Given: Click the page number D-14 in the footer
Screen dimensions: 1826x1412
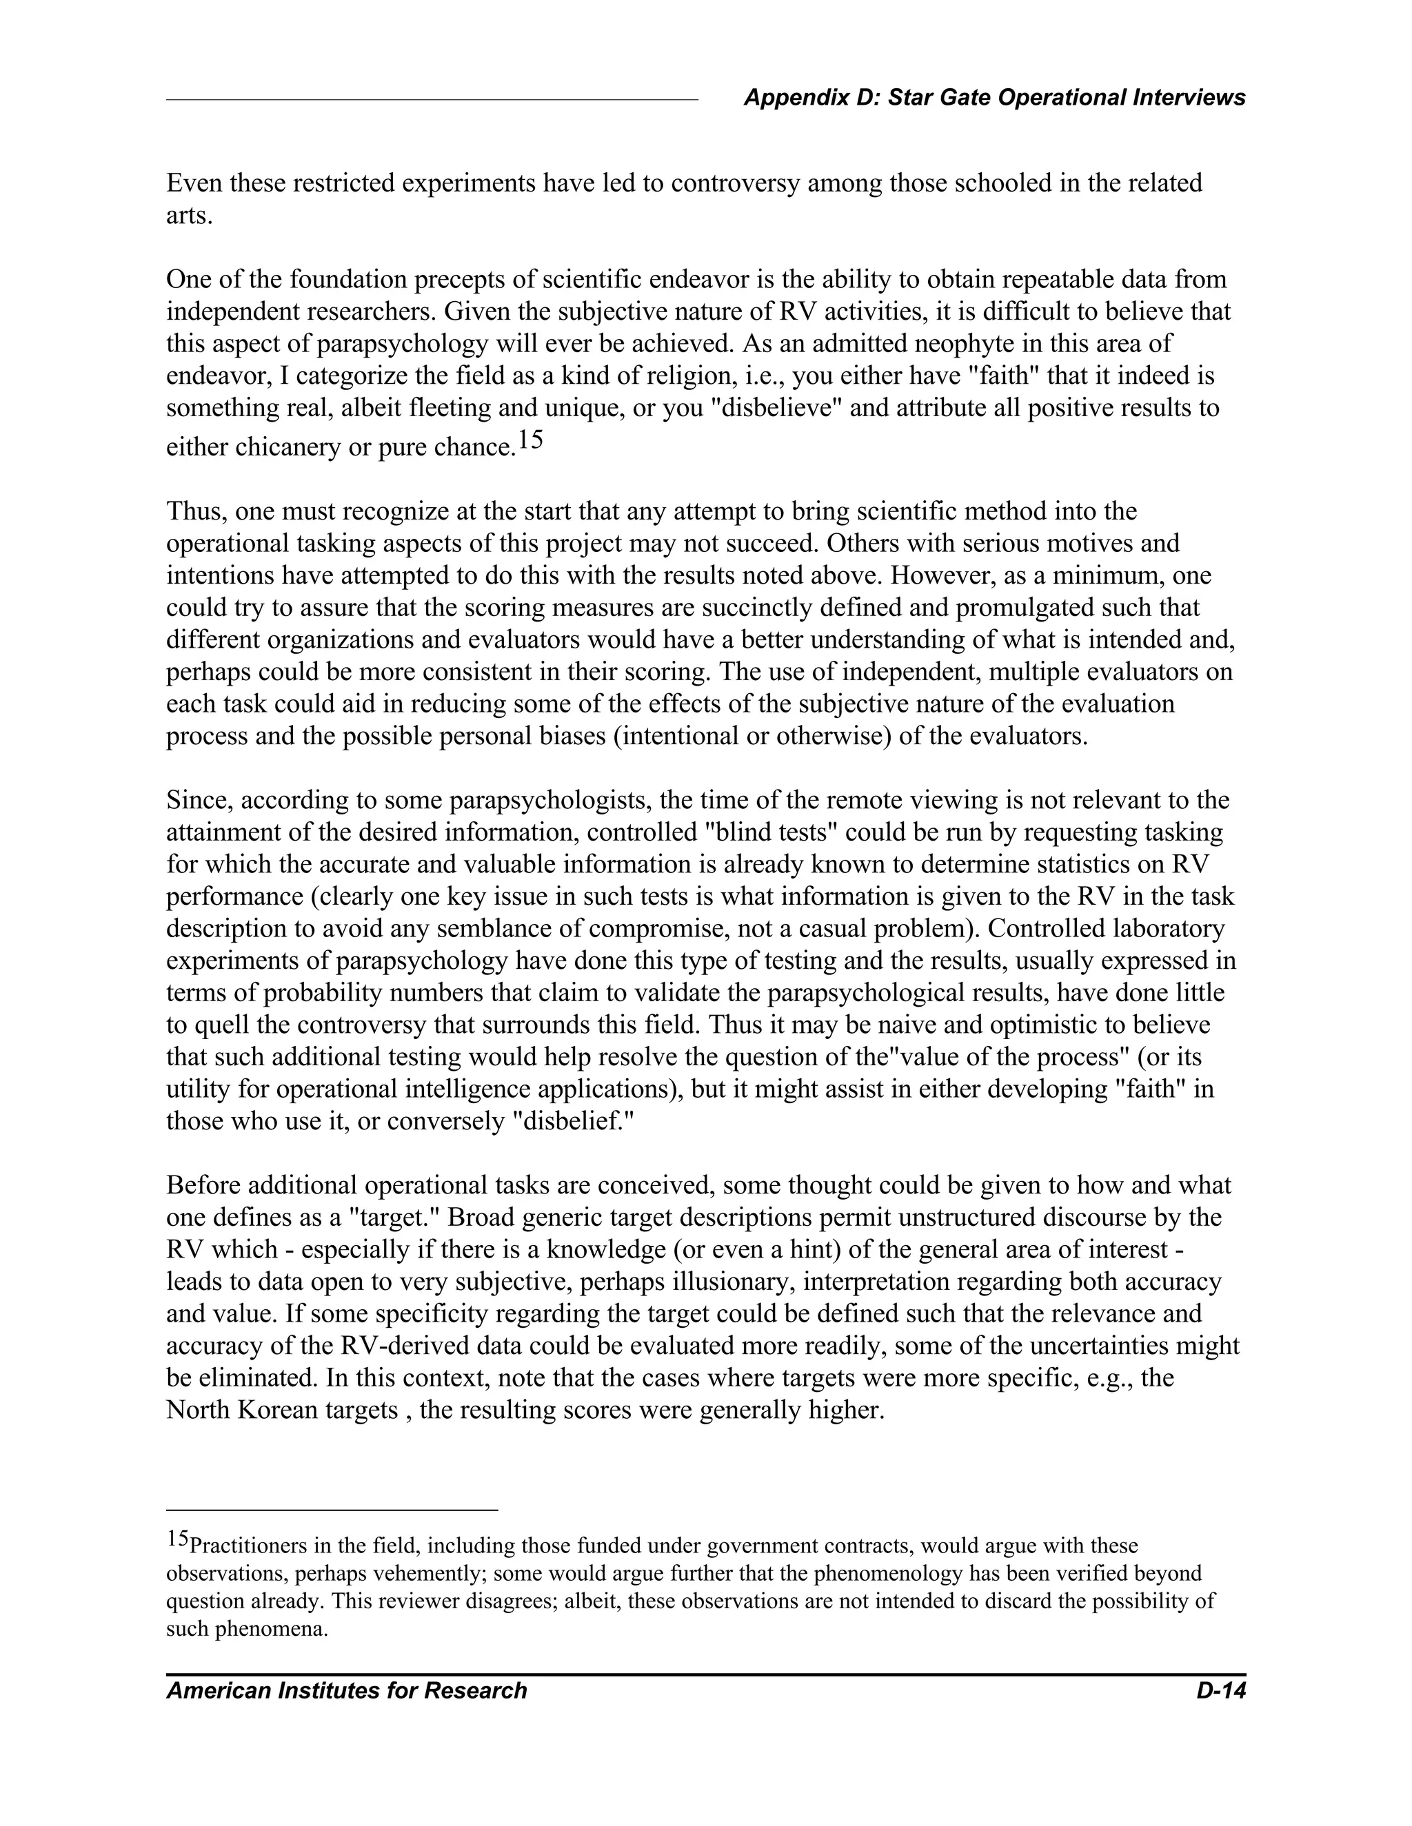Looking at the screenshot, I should (x=1220, y=1690).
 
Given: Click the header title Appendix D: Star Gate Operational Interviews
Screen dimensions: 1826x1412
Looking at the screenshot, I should (x=994, y=98).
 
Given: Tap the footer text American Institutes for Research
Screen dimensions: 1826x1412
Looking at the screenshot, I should (x=346, y=1690).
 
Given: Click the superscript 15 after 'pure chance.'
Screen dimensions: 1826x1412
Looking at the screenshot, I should (x=529, y=439).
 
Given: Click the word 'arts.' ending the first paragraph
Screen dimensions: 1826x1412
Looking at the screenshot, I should (x=189, y=215).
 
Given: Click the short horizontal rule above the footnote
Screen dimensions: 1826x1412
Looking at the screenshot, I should (x=332, y=1510).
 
